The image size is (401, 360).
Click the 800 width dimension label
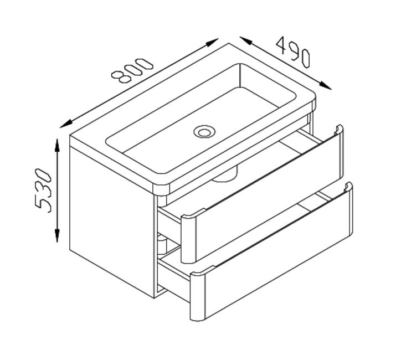[132, 71]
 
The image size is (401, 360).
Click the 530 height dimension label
[43, 190]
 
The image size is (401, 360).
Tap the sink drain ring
[204, 132]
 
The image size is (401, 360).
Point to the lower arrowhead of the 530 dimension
[57, 235]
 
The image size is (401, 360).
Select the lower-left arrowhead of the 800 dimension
[66, 124]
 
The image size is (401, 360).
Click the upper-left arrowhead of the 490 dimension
[246, 40]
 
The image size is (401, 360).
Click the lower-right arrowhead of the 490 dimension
[325, 86]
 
